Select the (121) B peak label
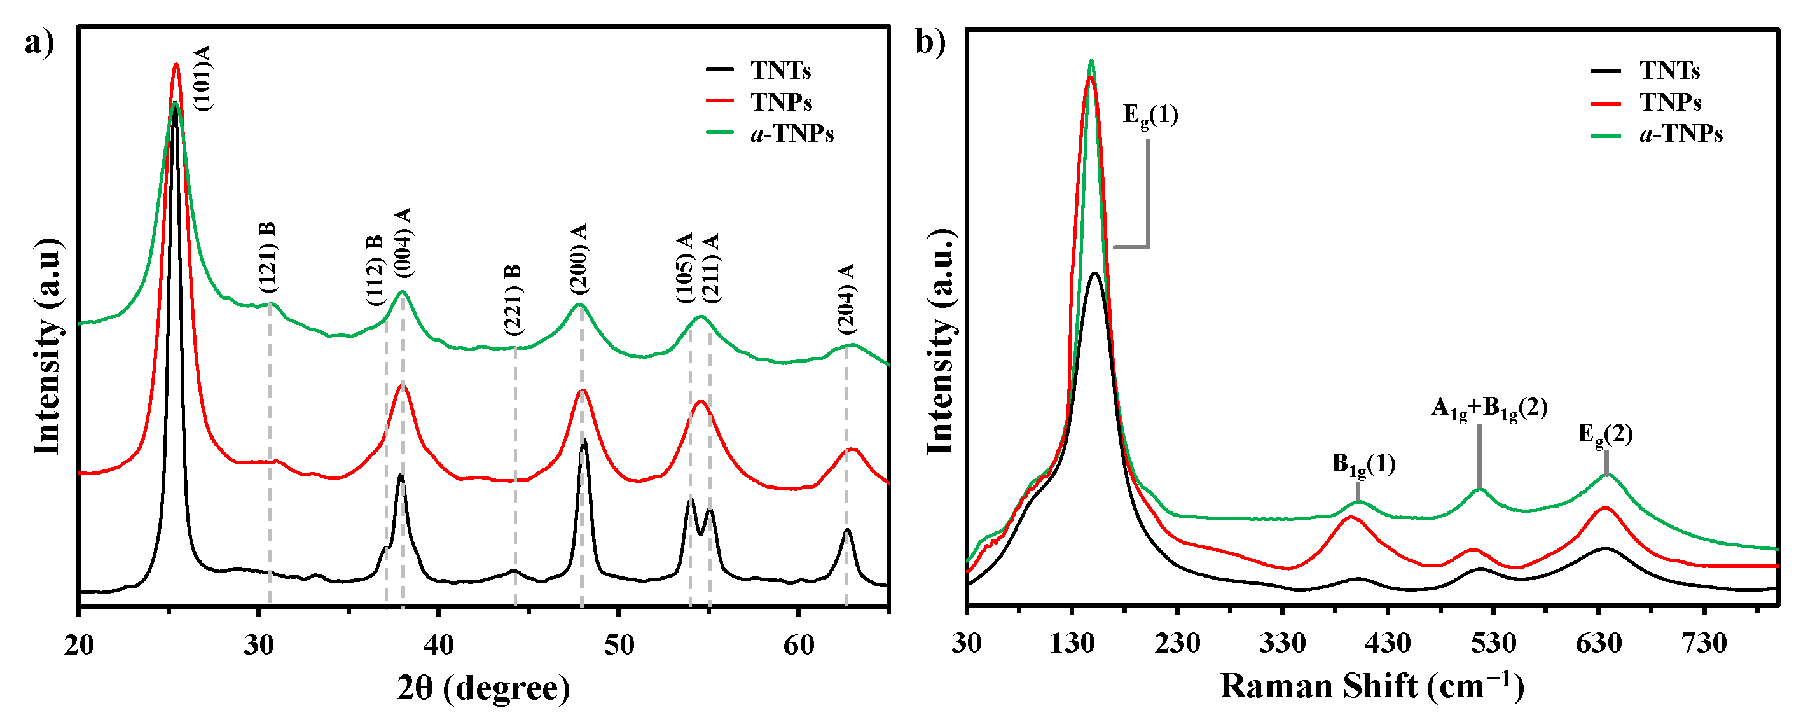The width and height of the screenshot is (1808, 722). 267,258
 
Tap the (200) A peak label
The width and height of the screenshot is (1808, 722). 579,259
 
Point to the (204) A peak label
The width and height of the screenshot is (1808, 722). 846,298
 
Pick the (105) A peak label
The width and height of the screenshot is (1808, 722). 686,268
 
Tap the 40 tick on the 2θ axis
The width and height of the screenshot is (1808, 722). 439,644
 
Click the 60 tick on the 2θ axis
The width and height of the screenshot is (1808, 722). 799,644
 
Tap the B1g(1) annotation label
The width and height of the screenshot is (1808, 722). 1363,465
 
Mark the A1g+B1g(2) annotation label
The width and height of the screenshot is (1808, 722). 1489,409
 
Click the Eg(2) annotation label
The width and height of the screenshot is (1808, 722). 1605,436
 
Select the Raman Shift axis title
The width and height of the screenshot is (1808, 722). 1372,686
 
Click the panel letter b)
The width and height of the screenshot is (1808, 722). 930,42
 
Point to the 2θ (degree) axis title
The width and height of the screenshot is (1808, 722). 483,688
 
